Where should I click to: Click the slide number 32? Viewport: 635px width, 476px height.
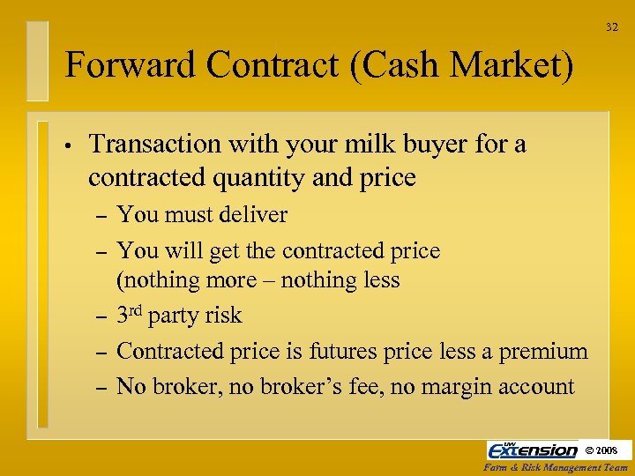(612, 27)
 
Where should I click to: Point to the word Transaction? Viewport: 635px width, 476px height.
(155, 144)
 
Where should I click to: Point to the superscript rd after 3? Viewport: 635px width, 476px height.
(138, 310)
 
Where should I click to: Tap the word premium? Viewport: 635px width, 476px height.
(543, 351)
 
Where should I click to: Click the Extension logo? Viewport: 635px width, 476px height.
(532, 450)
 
